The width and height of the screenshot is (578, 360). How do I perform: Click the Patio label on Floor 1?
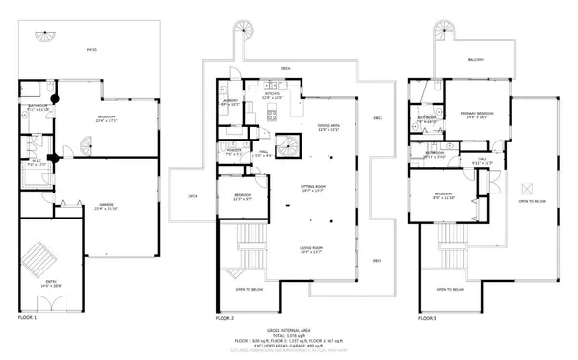click(91, 50)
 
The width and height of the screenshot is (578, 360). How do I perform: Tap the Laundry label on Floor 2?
click(229, 101)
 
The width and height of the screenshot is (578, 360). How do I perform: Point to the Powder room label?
click(232, 150)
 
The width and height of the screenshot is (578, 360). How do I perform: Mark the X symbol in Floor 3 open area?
click(527, 189)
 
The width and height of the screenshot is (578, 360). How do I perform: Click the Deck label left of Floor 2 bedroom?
click(193, 196)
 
